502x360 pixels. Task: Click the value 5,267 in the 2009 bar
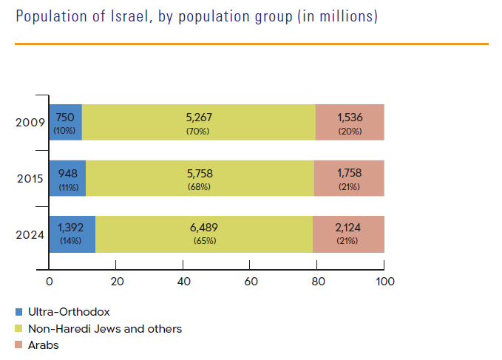coord(199,117)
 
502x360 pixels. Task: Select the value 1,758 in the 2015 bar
coord(349,173)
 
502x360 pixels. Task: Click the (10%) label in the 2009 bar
coord(64,131)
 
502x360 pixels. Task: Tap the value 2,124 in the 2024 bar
coord(349,228)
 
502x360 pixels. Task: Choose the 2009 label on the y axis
coord(30,123)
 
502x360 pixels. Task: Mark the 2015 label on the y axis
coord(30,178)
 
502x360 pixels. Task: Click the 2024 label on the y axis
coord(30,234)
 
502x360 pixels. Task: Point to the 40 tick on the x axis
coord(183,282)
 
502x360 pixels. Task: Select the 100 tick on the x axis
coord(384,282)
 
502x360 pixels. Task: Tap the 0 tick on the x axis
coord(49,282)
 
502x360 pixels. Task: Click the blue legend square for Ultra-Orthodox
coord(18,313)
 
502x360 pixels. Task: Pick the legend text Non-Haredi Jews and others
coord(104,328)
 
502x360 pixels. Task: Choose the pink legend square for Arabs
coord(18,344)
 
